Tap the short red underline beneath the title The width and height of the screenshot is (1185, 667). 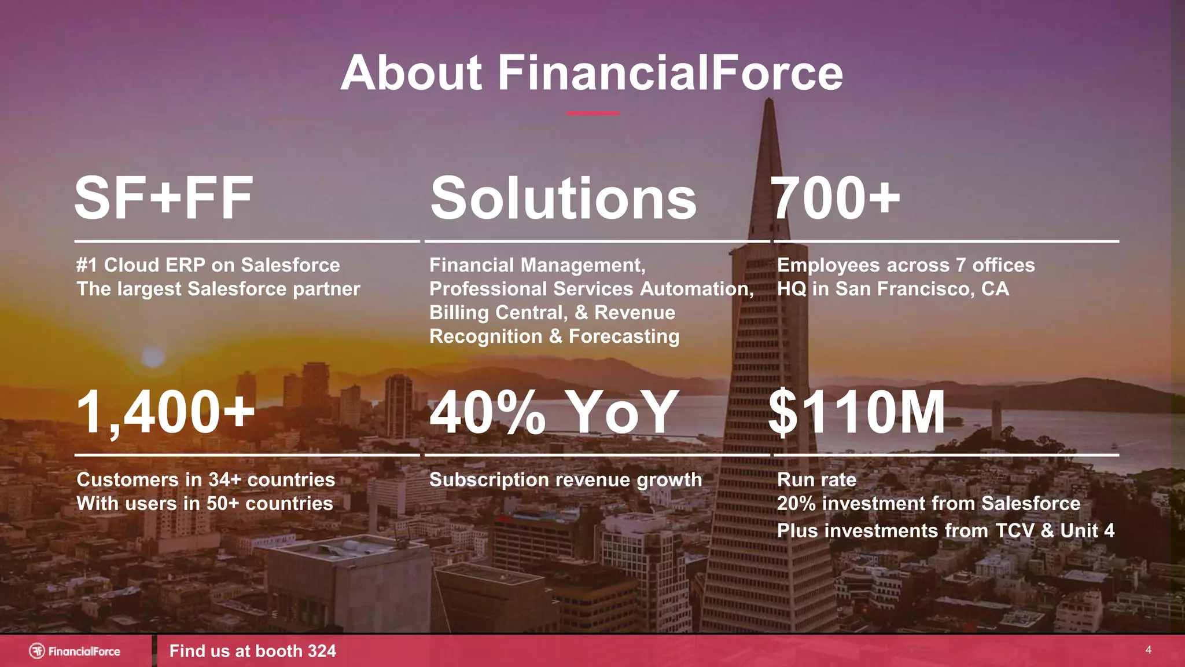click(592, 113)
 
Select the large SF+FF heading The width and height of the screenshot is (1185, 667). click(164, 199)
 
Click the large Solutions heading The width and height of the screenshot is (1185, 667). click(563, 199)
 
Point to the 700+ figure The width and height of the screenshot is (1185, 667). click(836, 199)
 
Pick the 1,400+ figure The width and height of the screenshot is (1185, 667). click(165, 412)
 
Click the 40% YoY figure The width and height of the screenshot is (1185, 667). click(554, 412)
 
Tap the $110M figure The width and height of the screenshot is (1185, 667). click(857, 412)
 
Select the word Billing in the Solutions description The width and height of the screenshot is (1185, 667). click(459, 313)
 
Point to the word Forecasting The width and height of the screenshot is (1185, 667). click(624, 336)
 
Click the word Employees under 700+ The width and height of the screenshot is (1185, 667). click(829, 265)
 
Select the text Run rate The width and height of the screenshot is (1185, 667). click(816, 480)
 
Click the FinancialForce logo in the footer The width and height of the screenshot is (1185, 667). click(75, 651)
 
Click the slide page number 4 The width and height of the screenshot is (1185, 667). click(1149, 650)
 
